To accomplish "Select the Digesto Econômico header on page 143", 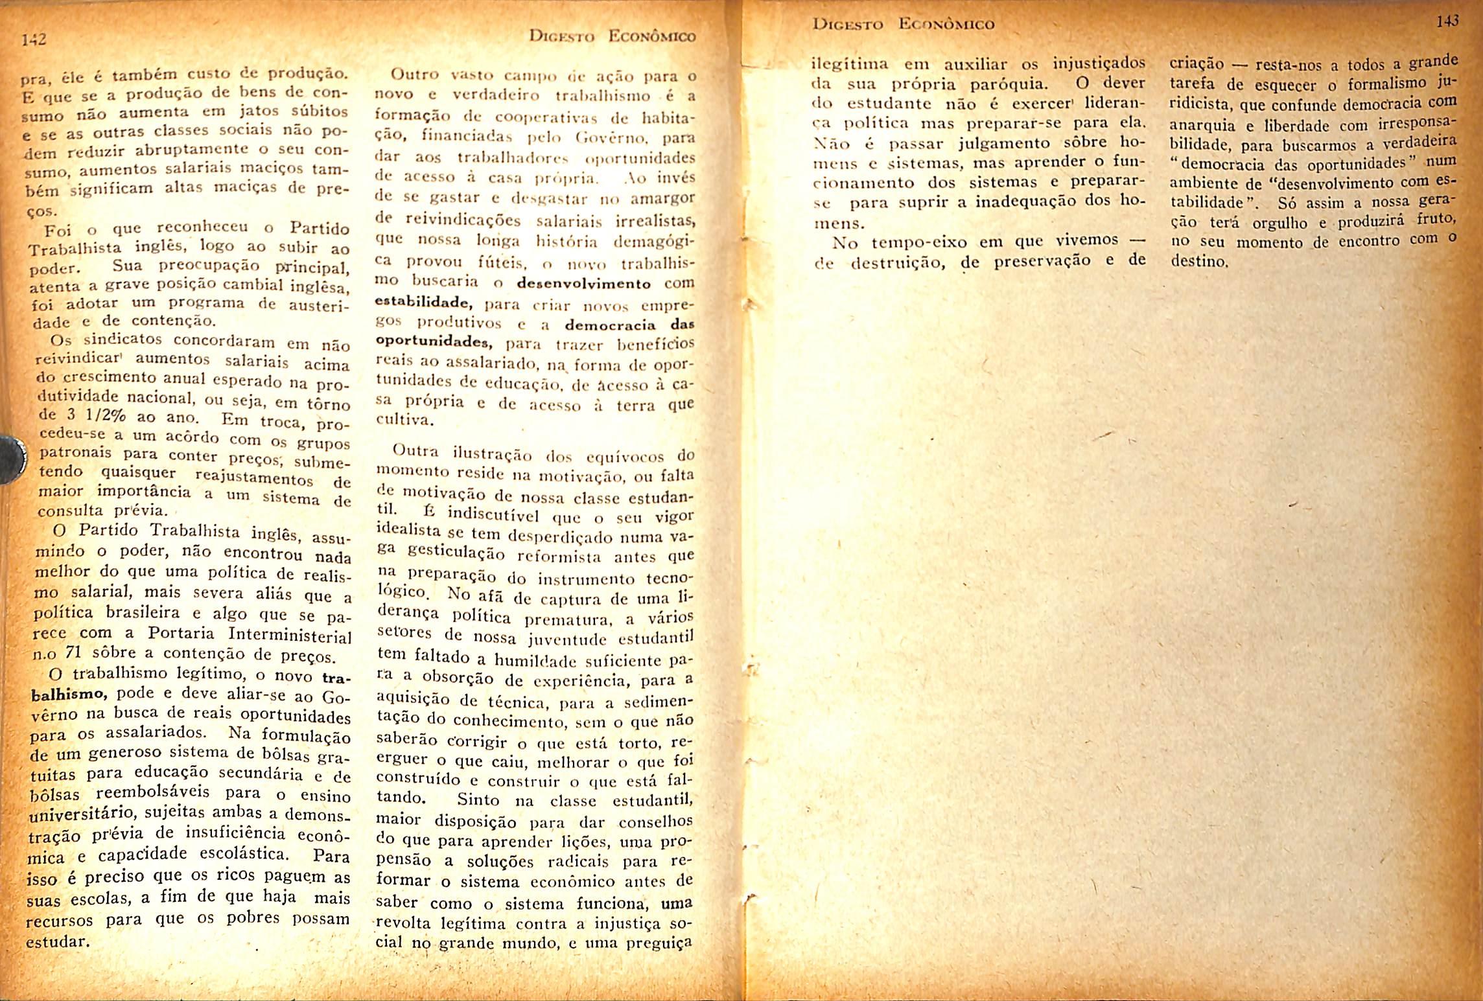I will click(904, 25).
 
